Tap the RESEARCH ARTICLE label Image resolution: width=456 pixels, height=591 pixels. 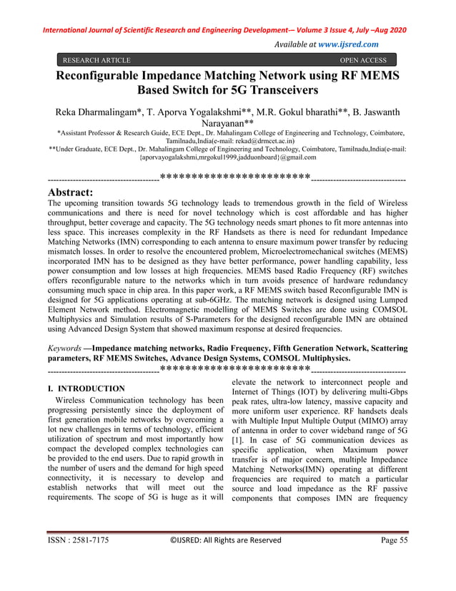(x=96, y=61)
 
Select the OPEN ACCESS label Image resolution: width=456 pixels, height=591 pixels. (x=363, y=61)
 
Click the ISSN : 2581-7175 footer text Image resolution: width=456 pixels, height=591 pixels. (x=79, y=561)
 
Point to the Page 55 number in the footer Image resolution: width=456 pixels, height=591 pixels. (x=393, y=561)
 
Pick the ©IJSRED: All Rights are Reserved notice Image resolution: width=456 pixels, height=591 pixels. (x=228, y=561)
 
